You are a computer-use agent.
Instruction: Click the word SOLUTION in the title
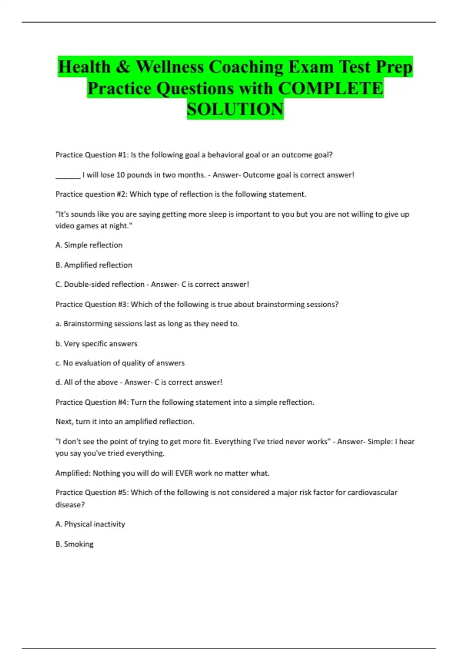(x=235, y=109)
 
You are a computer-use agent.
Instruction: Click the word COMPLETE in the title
(x=331, y=88)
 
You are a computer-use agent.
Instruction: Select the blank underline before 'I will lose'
(x=68, y=176)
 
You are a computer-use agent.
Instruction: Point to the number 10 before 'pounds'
(x=120, y=175)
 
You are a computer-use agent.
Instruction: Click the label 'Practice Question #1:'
(x=92, y=155)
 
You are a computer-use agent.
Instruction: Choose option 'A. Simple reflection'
(x=89, y=245)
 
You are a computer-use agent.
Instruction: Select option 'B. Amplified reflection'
(x=94, y=265)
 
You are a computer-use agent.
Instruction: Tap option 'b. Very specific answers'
(x=96, y=344)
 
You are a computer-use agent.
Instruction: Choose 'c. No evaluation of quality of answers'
(x=120, y=363)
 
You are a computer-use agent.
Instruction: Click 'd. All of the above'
(x=87, y=382)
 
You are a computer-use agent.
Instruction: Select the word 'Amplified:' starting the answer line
(x=73, y=473)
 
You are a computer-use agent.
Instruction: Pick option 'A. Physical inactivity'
(x=90, y=524)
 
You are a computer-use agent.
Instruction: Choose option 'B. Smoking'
(x=74, y=544)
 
